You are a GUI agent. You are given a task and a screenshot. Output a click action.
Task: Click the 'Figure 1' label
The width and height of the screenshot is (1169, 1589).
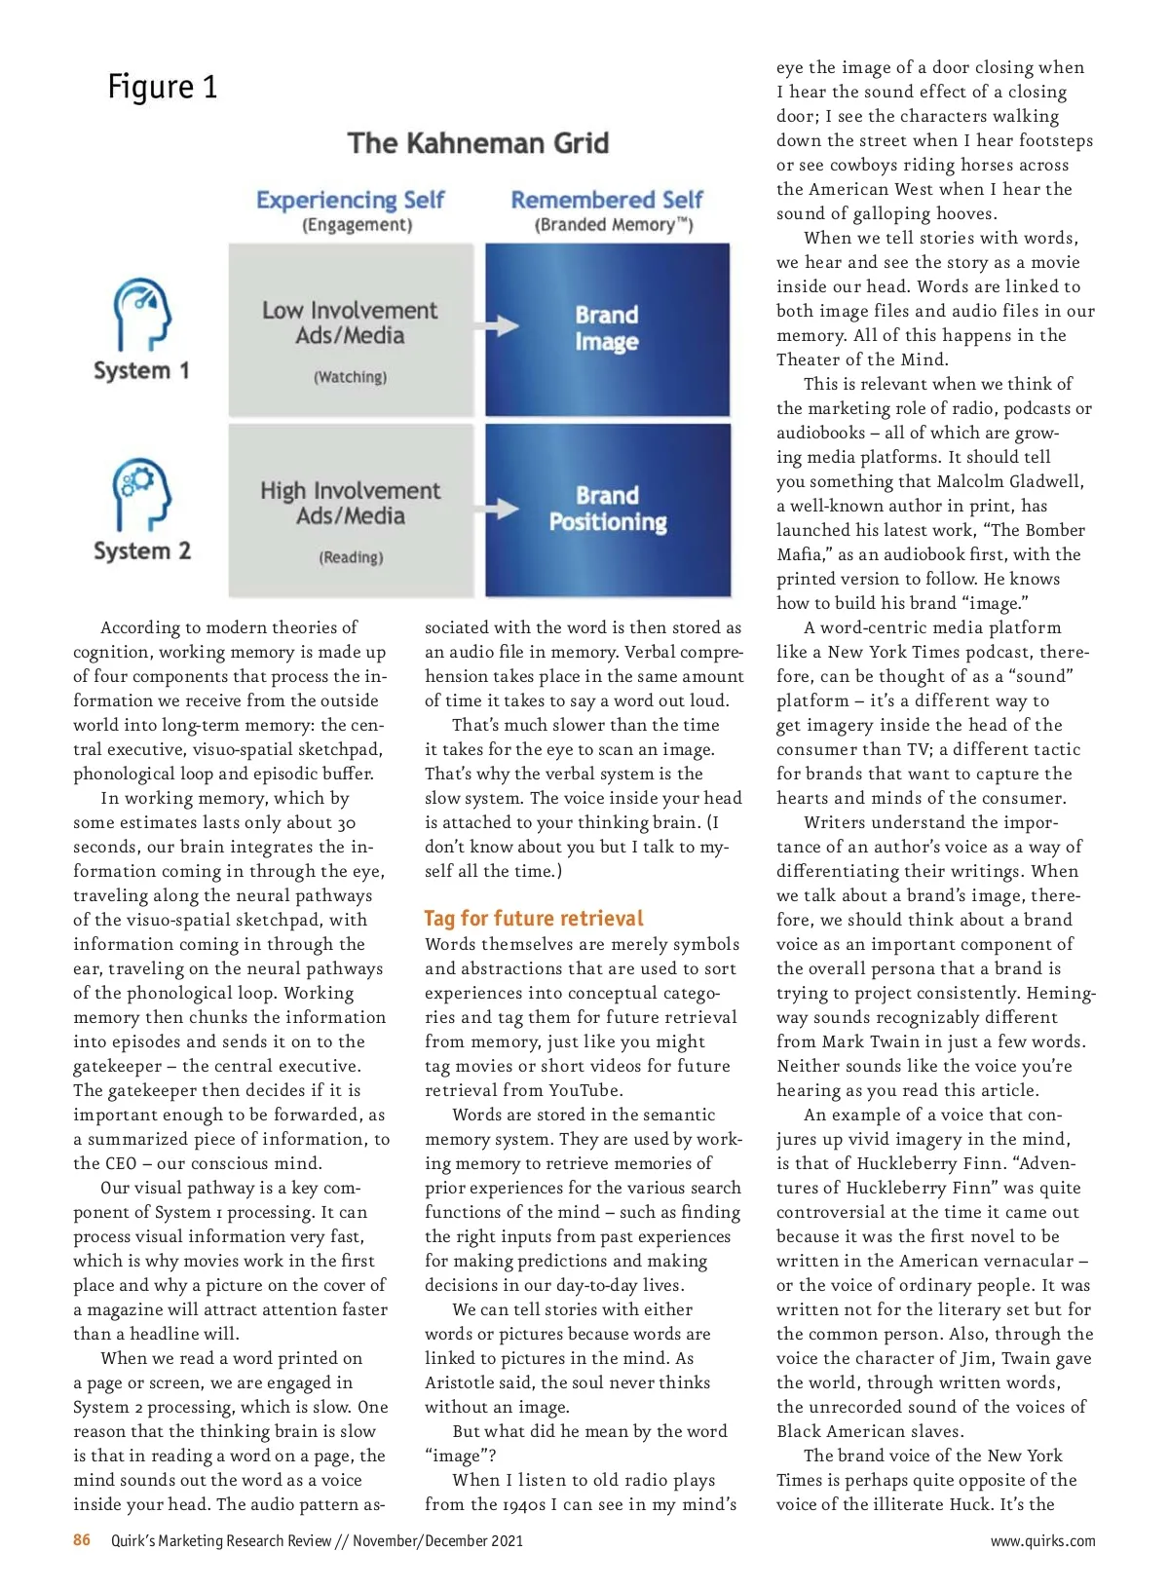tap(163, 87)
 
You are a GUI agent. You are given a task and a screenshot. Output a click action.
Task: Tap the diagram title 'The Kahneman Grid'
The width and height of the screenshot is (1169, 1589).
tap(477, 143)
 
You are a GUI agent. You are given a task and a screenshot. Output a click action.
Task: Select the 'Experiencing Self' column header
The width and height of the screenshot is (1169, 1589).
tap(350, 200)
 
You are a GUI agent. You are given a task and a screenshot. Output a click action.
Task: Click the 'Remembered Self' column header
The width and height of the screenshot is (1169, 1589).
tap(606, 200)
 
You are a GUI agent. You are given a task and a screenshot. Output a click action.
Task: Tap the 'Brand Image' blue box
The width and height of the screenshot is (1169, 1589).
tap(607, 328)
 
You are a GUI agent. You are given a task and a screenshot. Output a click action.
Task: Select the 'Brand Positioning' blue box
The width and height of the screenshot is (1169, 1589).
tap(607, 509)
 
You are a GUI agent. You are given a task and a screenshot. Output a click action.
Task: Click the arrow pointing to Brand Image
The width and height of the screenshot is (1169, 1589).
tap(502, 325)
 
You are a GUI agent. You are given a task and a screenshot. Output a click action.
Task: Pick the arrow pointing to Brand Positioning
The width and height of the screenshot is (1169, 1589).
tap(502, 508)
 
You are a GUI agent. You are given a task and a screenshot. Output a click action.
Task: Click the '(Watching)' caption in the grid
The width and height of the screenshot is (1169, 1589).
tap(350, 377)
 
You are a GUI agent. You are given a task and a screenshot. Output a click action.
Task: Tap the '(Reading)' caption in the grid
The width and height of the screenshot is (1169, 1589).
tap(351, 557)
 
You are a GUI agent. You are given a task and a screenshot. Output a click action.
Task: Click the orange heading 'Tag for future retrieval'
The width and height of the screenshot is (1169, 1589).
tap(534, 918)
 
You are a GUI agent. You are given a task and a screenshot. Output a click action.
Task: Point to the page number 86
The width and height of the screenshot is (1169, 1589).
tap(82, 1539)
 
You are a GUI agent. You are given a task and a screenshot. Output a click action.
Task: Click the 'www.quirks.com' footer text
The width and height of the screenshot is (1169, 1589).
tap(1042, 1540)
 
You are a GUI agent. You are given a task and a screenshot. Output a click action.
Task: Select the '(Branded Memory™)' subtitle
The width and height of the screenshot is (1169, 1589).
tap(614, 225)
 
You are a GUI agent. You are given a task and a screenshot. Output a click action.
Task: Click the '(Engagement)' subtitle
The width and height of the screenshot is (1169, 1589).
tap(357, 225)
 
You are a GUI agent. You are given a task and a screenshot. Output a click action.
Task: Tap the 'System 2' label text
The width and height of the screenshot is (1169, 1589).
tap(142, 550)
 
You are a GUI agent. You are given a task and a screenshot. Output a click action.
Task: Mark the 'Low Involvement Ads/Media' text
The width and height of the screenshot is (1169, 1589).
tap(350, 322)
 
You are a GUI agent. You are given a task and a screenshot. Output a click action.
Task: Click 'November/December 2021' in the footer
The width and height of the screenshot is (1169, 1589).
tap(437, 1540)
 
